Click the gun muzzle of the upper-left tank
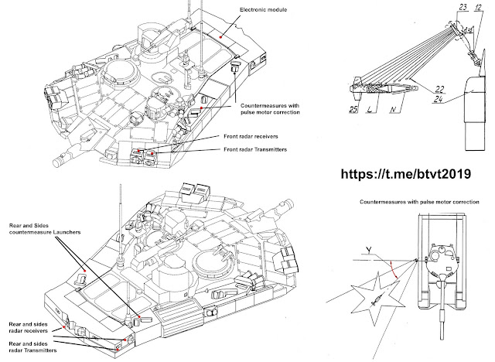click(56, 164)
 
